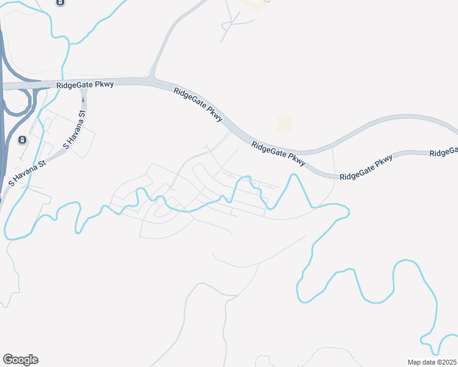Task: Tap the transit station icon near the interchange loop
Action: [x=22, y=141]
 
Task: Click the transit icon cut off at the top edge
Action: [x=60, y=2]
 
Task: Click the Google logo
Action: [x=20, y=360]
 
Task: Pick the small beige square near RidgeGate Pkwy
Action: [x=284, y=124]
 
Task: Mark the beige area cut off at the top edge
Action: [x=255, y=4]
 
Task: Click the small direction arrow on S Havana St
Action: [x=83, y=100]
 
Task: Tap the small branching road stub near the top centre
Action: [x=232, y=22]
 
